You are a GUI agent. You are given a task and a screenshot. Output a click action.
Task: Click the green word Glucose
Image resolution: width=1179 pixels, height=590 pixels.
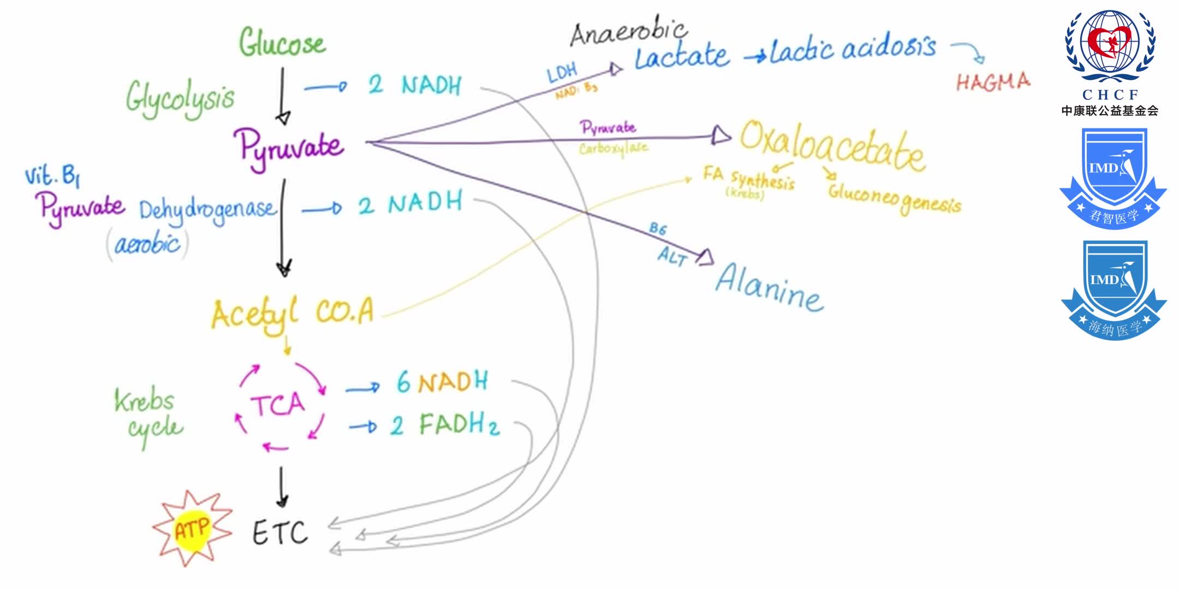[282, 43]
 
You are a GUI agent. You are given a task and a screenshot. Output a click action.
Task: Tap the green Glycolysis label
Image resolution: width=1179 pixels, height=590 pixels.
[180, 98]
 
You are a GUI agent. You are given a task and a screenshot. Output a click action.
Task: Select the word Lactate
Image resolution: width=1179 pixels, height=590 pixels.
[682, 56]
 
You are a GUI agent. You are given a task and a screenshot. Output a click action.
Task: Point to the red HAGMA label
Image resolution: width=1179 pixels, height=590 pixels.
[993, 82]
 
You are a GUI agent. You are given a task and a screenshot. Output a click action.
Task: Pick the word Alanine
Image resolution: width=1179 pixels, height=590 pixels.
[769, 287]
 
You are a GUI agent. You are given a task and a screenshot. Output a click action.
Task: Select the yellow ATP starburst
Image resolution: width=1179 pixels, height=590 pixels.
[192, 528]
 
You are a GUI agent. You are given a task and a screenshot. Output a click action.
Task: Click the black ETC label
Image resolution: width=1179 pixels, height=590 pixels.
[280, 533]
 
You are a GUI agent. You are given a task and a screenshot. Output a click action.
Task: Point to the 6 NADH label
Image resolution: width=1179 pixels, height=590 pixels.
[442, 381]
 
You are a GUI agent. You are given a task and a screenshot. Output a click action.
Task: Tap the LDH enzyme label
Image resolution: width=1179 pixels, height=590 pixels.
[562, 73]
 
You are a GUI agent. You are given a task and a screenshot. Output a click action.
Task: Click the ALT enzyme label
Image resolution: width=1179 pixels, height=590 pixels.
[672, 256]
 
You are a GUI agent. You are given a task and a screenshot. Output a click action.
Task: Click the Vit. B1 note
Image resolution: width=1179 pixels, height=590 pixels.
[52, 176]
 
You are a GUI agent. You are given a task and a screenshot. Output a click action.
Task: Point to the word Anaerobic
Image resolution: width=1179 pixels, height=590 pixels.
[628, 32]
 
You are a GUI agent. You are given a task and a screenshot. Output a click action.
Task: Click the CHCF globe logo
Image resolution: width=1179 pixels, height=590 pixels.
[1110, 46]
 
